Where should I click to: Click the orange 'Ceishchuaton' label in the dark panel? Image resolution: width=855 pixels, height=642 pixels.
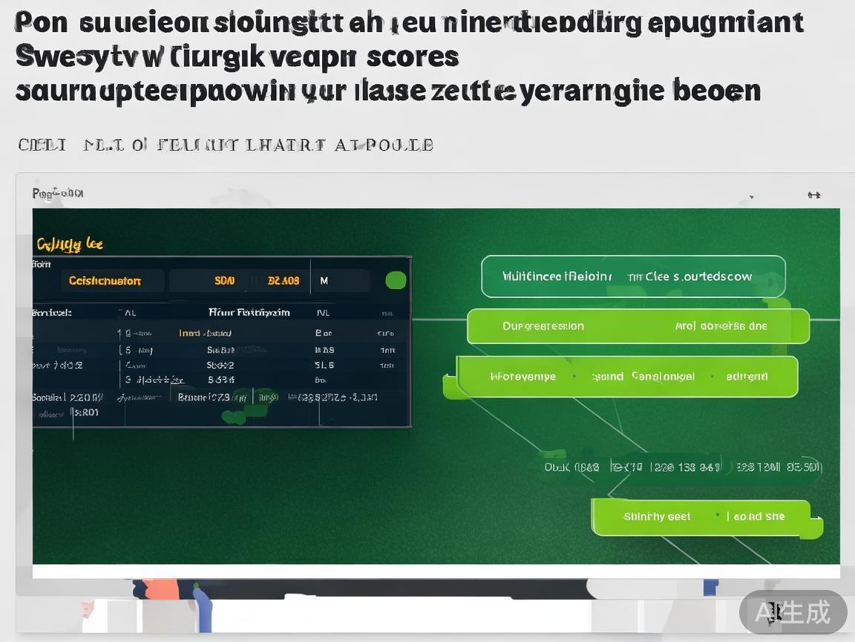point(105,281)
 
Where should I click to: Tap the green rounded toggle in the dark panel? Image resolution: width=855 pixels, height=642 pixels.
point(396,280)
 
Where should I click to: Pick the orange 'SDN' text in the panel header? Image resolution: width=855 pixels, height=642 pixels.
point(224,281)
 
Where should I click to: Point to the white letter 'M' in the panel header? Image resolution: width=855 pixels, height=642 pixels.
point(324,281)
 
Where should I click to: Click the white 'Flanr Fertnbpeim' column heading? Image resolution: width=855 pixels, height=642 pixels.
point(249,313)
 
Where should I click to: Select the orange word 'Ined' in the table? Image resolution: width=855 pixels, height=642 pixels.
point(189,333)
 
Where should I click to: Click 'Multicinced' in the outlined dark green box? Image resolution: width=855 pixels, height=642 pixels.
point(531,276)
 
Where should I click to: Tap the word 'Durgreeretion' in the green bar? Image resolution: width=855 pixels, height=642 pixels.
point(543,326)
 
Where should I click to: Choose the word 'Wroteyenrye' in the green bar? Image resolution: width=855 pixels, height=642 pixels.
point(522,377)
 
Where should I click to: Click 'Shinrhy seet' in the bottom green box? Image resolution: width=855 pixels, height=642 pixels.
point(657,516)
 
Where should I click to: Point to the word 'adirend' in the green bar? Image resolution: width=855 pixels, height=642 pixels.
point(747,377)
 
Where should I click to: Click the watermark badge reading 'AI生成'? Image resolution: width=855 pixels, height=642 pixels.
point(793,612)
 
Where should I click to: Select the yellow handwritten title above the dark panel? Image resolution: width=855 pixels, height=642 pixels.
point(70,244)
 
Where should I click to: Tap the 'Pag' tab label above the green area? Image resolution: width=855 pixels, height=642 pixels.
point(56,194)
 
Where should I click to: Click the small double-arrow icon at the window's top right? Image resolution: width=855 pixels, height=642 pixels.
point(813,195)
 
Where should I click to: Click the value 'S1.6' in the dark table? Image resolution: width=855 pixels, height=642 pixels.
point(324,366)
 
